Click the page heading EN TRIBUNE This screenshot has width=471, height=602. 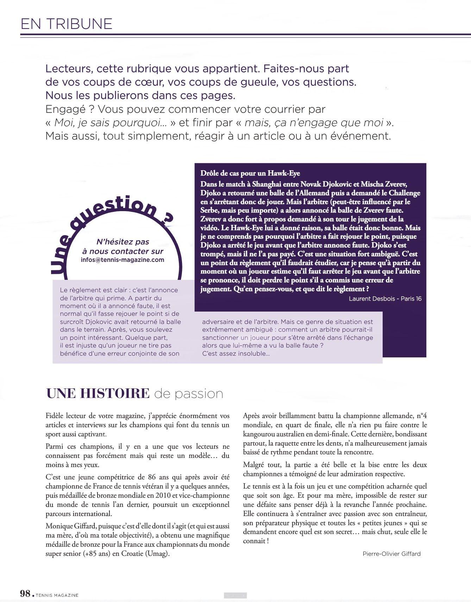pyautogui.click(x=67, y=24)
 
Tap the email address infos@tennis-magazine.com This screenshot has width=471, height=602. pyautogui.click(x=123, y=260)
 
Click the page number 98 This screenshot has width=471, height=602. pyautogui.click(x=25, y=594)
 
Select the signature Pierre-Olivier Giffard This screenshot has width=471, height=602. pyautogui.click(x=391, y=554)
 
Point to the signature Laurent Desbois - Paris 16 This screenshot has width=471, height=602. pyautogui.click(x=385, y=299)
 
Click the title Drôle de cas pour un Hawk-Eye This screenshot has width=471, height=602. pyautogui.click(x=250, y=173)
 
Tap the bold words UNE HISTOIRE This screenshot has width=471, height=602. pyautogui.click(x=98, y=393)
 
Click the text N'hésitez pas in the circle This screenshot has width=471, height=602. pyautogui.click(x=123, y=242)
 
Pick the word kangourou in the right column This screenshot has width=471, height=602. pyautogui.click(x=260, y=434)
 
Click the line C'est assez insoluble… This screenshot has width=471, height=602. pyautogui.click(x=236, y=354)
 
